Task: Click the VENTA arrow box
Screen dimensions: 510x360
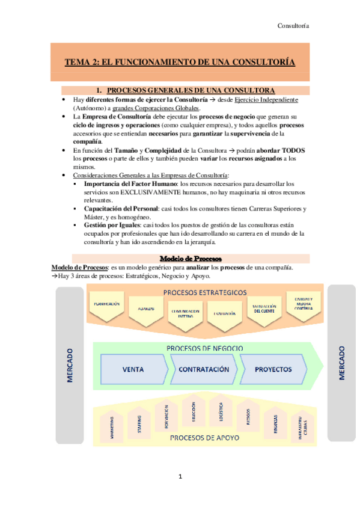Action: (136, 369)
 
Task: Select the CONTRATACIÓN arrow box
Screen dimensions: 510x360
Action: (204, 369)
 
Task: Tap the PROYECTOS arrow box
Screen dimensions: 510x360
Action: (273, 369)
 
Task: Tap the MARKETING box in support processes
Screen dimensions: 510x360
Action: (112, 428)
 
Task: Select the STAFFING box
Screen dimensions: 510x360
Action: (138, 423)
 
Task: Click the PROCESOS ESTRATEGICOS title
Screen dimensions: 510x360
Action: (205, 292)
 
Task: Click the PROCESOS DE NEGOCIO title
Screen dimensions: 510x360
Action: (205, 349)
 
